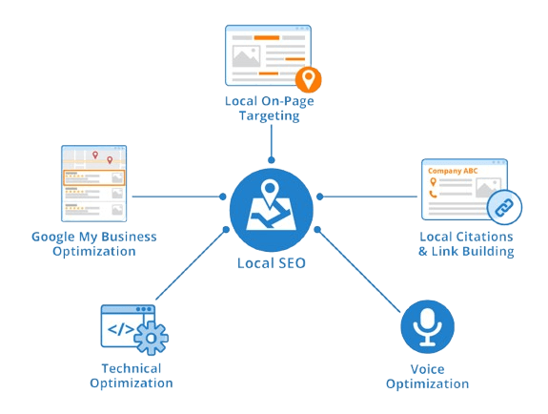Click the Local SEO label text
(x=272, y=263)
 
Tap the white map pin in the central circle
(x=269, y=194)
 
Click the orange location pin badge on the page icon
(x=308, y=79)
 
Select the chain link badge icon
(x=504, y=208)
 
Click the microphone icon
(x=427, y=327)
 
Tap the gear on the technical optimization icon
(x=151, y=338)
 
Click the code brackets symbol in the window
(x=121, y=329)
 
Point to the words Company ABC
(x=453, y=171)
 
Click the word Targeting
(x=269, y=116)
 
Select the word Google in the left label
(x=53, y=238)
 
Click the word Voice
(x=427, y=369)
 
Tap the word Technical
(x=132, y=368)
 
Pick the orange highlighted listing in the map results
(x=94, y=177)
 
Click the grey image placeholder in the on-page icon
(x=246, y=56)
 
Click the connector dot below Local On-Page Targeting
(x=272, y=160)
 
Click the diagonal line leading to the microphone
(x=358, y=271)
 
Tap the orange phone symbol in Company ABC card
(x=433, y=195)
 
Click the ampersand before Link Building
(x=423, y=251)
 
